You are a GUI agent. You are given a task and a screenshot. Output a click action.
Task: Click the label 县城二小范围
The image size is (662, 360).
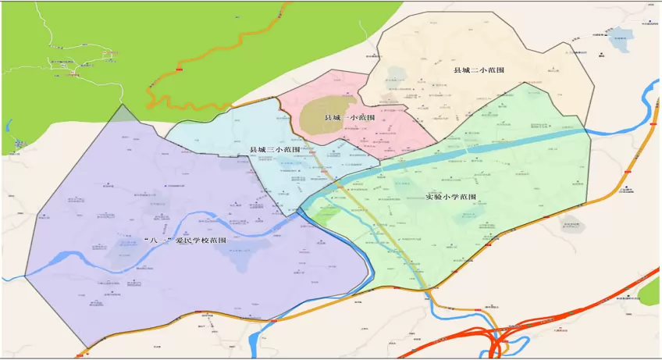(479, 70)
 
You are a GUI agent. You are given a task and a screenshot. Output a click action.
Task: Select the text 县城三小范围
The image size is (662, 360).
(274, 149)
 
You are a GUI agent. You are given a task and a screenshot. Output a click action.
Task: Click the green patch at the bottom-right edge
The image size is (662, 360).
(650, 292)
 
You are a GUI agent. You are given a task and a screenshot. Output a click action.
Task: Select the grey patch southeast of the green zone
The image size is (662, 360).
(571, 226)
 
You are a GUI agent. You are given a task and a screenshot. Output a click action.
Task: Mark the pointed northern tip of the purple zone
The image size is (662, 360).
(122, 108)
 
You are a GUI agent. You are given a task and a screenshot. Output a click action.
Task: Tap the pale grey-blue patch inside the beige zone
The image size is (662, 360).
(397, 75)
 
